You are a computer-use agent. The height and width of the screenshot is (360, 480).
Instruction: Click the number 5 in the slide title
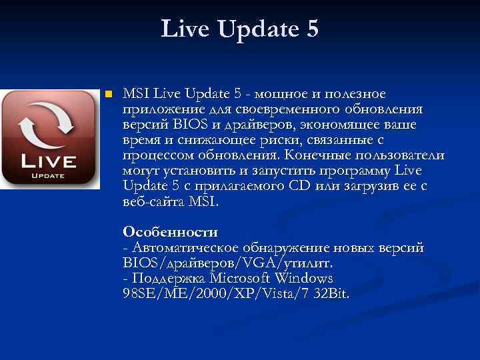coord(311,29)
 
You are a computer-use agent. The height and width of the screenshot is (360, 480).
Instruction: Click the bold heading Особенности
coord(170,232)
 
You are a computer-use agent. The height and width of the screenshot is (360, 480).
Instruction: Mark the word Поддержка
coord(167,278)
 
